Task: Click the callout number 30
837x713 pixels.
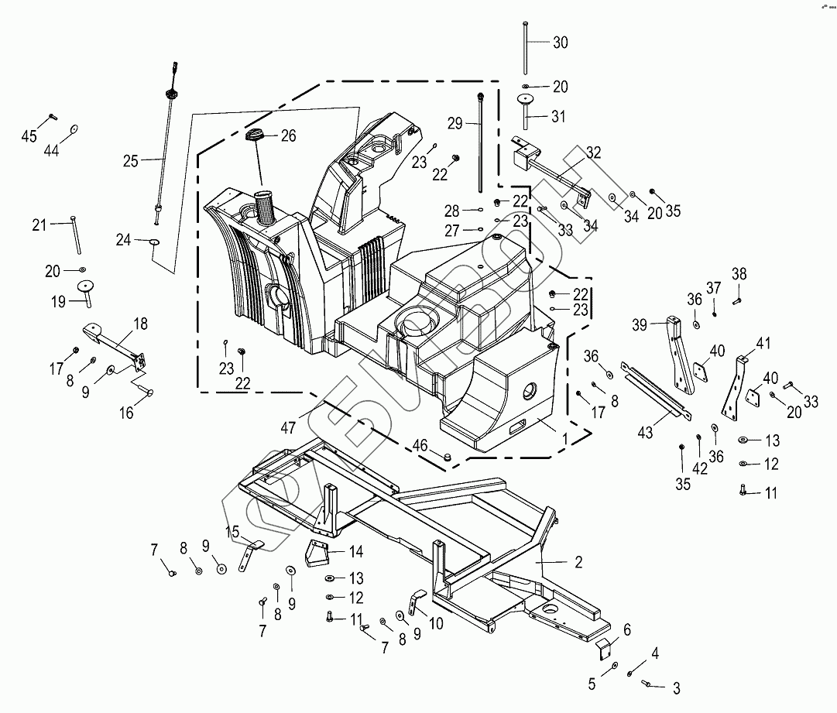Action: pos(561,43)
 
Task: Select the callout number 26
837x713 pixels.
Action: pos(288,136)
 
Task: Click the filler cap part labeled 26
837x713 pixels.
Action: pos(256,137)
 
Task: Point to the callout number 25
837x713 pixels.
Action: pos(131,161)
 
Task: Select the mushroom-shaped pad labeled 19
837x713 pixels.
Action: pos(84,288)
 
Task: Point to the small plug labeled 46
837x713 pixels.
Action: pos(446,458)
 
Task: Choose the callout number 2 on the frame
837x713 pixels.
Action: pos(578,562)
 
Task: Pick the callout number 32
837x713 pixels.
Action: pos(593,153)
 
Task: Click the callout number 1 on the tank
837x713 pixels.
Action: pos(565,438)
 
